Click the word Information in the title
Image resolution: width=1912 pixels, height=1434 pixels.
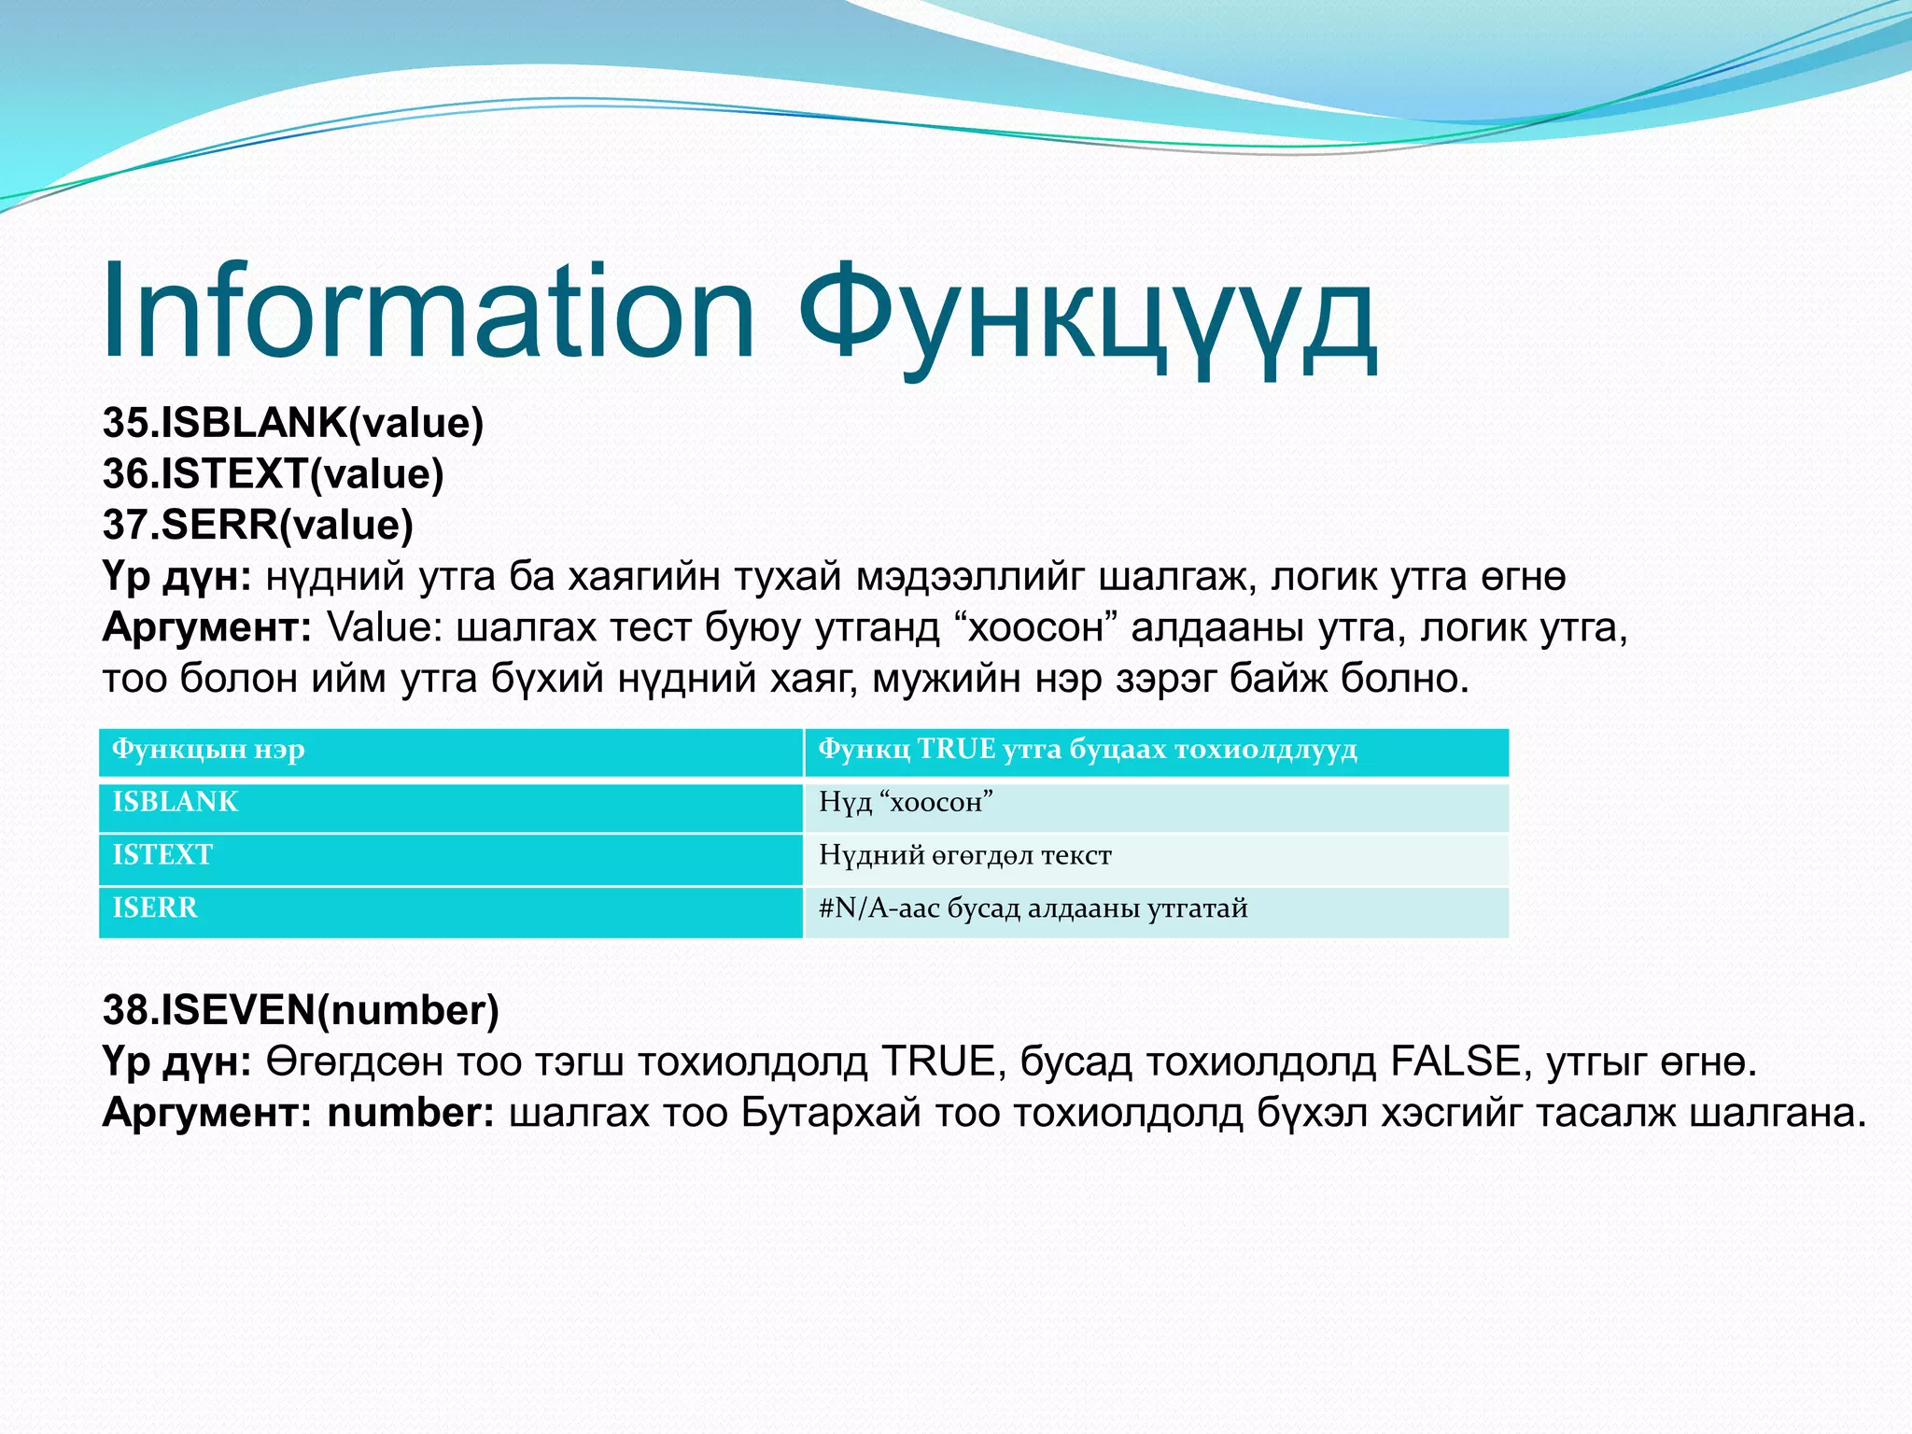(428, 313)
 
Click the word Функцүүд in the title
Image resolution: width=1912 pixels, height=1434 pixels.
(1088, 317)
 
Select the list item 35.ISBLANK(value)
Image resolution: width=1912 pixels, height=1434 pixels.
(293, 423)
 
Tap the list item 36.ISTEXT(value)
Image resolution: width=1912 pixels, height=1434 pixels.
(273, 474)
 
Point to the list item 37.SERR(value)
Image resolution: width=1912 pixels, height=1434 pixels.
(258, 525)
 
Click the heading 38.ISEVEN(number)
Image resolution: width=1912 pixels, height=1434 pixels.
(301, 1010)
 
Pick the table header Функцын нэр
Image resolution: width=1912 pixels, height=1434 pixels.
(208, 750)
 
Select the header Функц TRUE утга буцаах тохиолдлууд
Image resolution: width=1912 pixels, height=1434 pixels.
(1088, 750)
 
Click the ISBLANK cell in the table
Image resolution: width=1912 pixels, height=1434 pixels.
(176, 802)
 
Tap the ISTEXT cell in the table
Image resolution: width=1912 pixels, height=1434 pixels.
(162, 855)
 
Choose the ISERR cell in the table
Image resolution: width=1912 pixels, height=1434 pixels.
(155, 907)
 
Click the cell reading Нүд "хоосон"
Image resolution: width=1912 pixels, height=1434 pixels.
(906, 802)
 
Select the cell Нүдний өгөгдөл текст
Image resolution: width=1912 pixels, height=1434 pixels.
(965, 855)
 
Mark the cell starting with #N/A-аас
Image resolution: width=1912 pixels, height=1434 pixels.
(1033, 907)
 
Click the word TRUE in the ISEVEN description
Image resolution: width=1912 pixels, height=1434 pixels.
(942, 1061)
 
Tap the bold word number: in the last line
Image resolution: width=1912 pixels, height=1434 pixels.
(410, 1113)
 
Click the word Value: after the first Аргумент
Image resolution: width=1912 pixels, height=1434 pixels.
(385, 627)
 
